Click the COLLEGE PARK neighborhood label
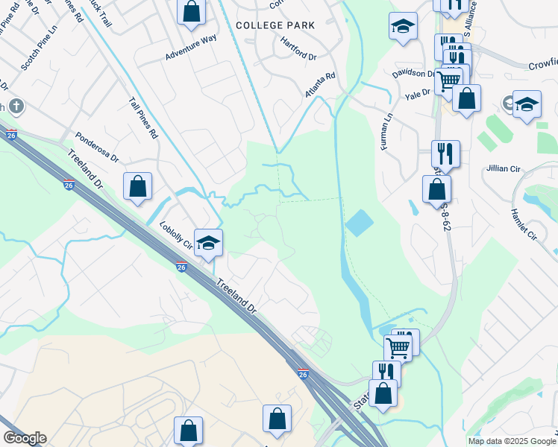[x=275, y=25]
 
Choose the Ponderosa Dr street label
[x=98, y=148]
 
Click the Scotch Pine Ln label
[x=35, y=51]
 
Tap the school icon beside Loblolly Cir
[x=209, y=242]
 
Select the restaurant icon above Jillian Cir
[x=445, y=154]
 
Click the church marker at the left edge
[x=16, y=107]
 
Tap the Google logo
[x=25, y=438]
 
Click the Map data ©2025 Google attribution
[x=512, y=441]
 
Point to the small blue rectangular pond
[x=359, y=223]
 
